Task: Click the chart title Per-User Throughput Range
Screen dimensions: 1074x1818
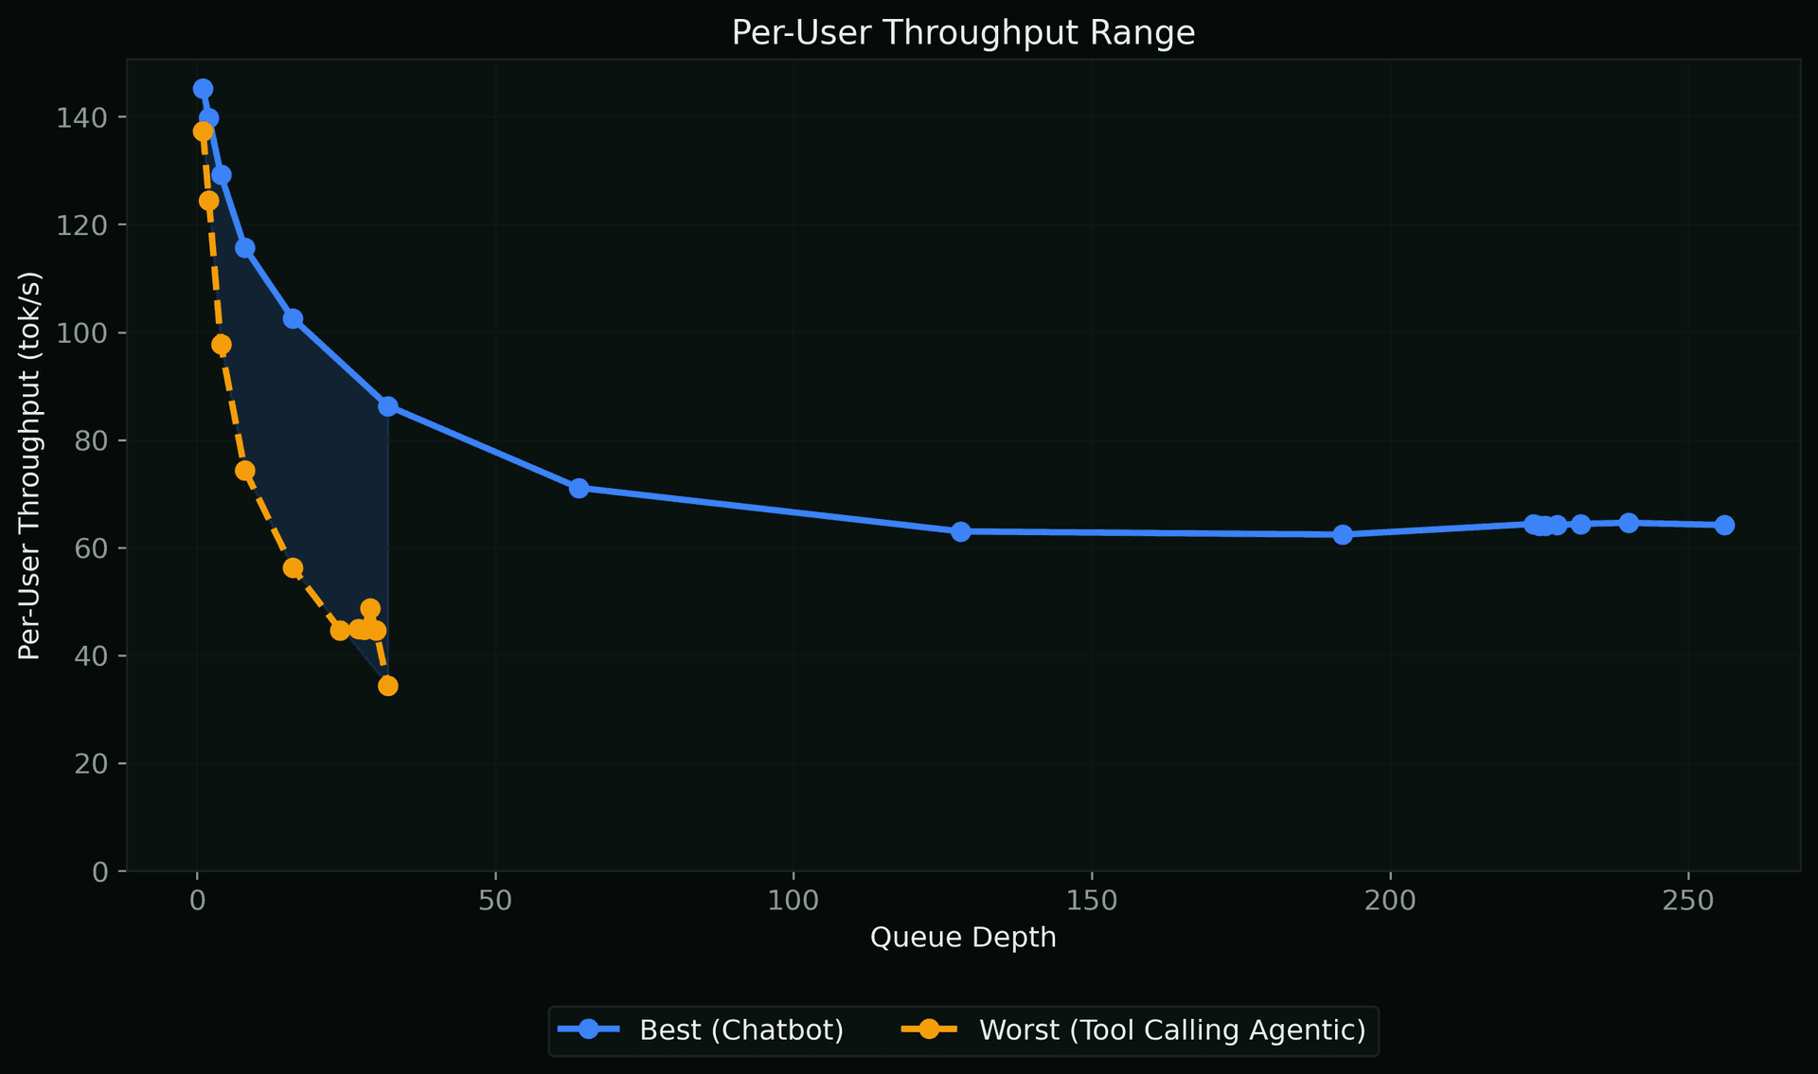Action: (x=963, y=33)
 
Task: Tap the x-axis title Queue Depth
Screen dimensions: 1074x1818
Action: (x=963, y=938)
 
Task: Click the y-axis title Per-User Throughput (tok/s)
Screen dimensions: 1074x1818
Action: (x=30, y=465)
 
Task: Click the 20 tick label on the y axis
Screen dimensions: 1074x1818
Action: (x=91, y=763)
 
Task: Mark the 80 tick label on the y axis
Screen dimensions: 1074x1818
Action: (x=91, y=440)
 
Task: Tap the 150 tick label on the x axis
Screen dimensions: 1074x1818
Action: (x=1091, y=901)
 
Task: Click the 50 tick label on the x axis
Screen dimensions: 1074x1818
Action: (x=494, y=901)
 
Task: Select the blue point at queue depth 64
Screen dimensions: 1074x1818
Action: (x=579, y=488)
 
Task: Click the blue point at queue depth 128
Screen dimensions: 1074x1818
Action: (x=961, y=531)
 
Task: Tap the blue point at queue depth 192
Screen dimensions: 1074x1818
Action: (x=1343, y=534)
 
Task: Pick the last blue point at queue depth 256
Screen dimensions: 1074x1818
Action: (x=1724, y=525)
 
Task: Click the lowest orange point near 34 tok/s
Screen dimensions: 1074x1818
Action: (x=388, y=686)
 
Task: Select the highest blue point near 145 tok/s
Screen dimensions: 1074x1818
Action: (x=203, y=89)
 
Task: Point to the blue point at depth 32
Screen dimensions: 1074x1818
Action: (x=388, y=406)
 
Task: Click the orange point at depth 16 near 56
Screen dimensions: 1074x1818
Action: (x=293, y=568)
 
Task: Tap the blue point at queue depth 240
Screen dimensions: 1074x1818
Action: (x=1629, y=523)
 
